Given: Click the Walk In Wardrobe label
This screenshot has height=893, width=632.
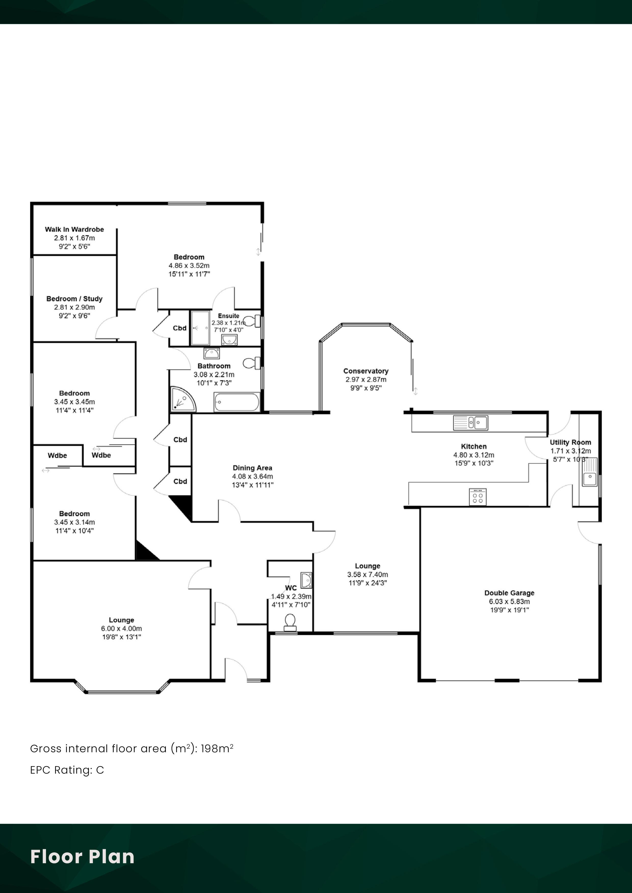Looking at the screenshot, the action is [x=74, y=229].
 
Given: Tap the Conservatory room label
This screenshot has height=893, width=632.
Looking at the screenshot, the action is [x=366, y=371].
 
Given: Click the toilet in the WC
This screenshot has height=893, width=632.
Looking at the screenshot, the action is [x=290, y=622].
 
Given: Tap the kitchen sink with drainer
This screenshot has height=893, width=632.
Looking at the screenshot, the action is [x=470, y=423].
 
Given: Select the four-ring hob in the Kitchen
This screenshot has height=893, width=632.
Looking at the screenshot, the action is [x=478, y=497].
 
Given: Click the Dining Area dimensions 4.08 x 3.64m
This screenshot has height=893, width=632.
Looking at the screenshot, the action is [x=252, y=477].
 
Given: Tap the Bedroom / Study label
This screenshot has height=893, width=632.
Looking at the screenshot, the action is [x=74, y=299].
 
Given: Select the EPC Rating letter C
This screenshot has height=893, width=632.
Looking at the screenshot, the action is [x=100, y=770].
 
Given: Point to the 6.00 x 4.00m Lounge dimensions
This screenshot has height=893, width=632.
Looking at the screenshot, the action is [x=122, y=629].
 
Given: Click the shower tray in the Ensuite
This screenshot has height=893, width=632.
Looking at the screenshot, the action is [x=200, y=328].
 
